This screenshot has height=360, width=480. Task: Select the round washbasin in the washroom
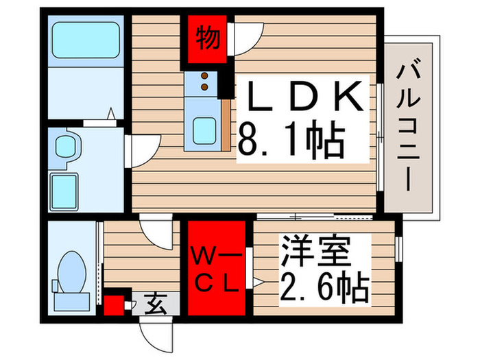[x=67, y=146]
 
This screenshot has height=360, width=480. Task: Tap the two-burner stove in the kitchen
[x=204, y=83]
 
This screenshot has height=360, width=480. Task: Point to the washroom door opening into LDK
[x=143, y=148]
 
